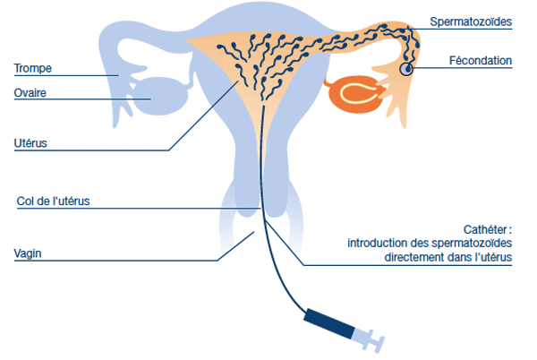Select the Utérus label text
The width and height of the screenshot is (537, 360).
(x=30, y=141)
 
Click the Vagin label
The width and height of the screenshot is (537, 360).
(x=28, y=253)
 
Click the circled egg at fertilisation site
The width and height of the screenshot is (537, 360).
(x=408, y=68)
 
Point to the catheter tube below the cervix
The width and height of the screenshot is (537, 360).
(x=279, y=269)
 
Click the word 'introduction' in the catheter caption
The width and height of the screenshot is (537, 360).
(x=375, y=244)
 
